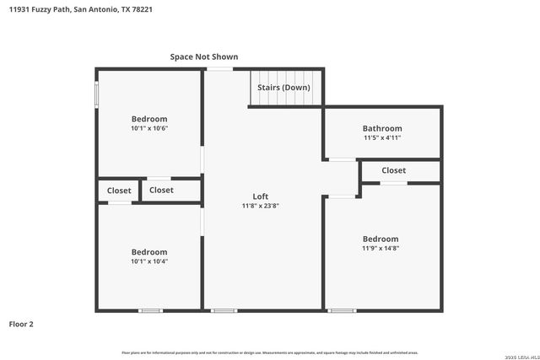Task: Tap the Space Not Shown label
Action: click(204, 56)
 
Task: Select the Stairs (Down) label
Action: click(283, 88)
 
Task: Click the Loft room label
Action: click(261, 196)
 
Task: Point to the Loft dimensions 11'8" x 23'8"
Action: click(261, 206)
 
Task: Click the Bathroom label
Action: click(382, 128)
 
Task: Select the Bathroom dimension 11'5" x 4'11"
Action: click(382, 137)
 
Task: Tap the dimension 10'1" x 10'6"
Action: click(149, 128)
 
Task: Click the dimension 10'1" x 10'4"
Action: click(149, 261)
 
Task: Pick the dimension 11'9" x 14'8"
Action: click(381, 248)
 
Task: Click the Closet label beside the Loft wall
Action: click(161, 191)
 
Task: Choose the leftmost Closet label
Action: click(119, 191)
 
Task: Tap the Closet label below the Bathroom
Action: click(393, 170)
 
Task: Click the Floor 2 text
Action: click(21, 324)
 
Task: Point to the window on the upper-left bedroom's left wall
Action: click(97, 94)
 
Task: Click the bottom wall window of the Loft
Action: click(224, 311)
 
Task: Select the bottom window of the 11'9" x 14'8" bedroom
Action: click(342, 311)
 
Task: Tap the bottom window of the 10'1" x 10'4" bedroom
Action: click(150, 311)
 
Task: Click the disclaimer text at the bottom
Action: click(270, 352)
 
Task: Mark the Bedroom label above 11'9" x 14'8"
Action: click(381, 239)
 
